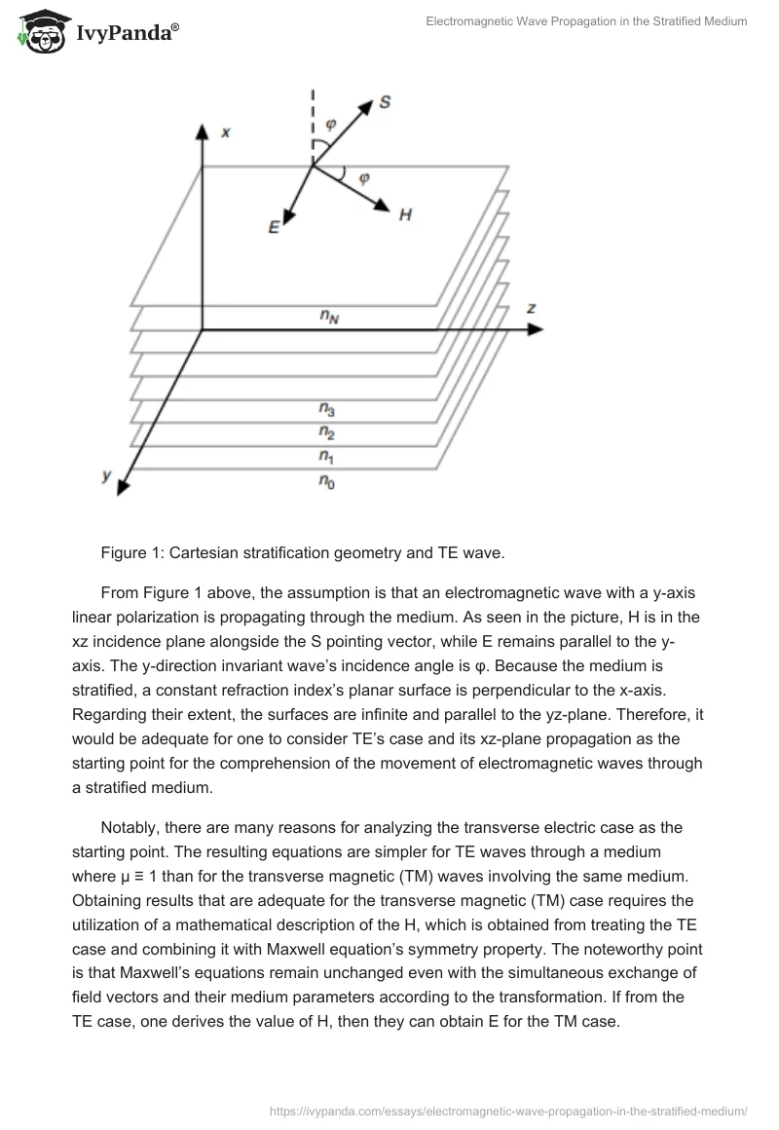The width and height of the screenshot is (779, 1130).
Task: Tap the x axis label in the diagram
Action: click(x=225, y=132)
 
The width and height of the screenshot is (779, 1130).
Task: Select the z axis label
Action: click(x=532, y=308)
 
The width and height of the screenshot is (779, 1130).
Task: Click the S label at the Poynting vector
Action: click(x=385, y=101)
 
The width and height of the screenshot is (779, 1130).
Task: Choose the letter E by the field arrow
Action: click(x=275, y=227)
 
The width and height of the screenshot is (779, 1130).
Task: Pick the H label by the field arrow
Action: click(x=405, y=215)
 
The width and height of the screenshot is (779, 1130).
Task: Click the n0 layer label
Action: click(x=328, y=479)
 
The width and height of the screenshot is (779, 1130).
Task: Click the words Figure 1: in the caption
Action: click(x=131, y=553)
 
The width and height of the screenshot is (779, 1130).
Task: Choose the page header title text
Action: click(x=586, y=21)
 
